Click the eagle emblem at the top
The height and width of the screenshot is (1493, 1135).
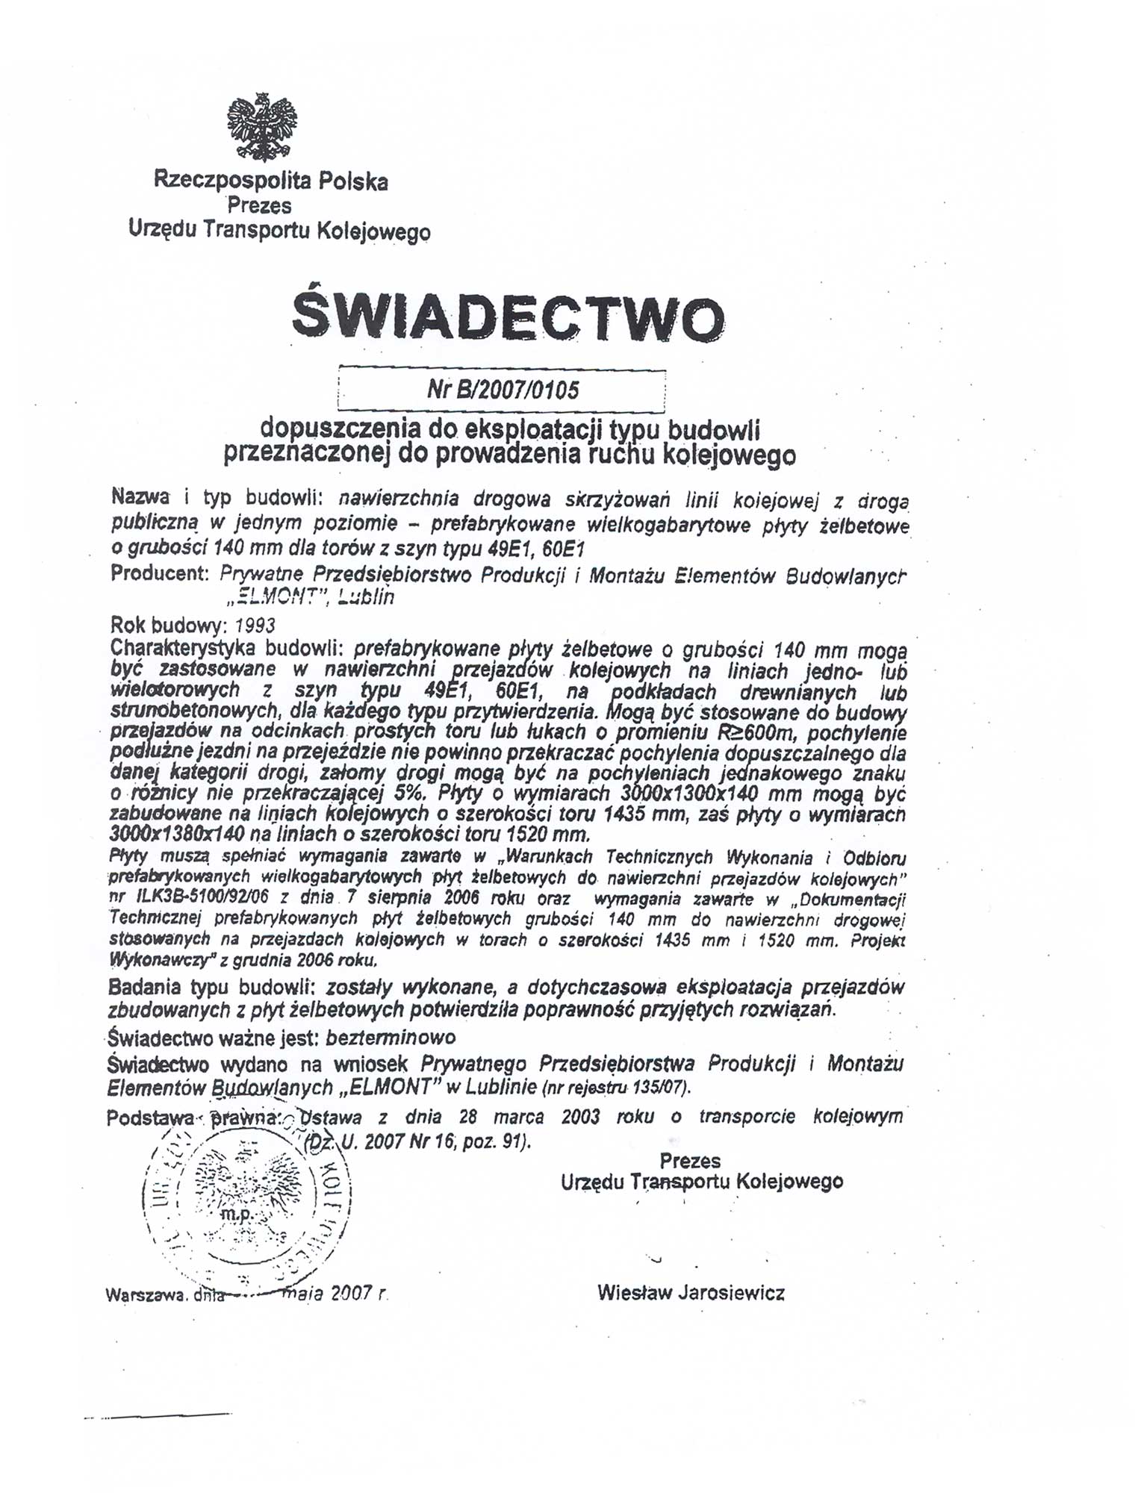[261, 126]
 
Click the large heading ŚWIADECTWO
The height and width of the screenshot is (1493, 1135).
[507, 317]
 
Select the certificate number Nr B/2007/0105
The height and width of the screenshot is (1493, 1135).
[503, 390]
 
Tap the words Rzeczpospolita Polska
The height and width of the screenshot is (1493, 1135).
[270, 181]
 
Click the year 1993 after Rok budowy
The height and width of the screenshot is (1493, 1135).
[255, 625]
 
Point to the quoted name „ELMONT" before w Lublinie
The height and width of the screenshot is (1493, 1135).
[391, 1086]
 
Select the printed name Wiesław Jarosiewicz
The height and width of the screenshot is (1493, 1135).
[691, 1293]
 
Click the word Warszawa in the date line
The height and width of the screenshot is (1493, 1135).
[146, 1295]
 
